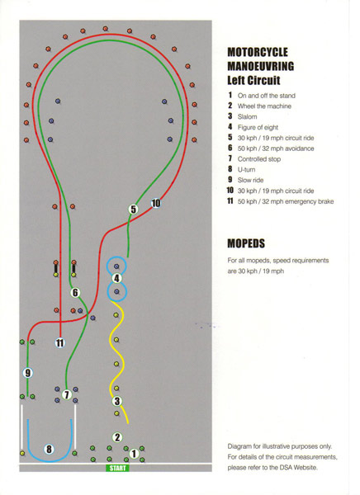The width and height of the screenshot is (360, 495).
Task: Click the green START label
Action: click(117, 468)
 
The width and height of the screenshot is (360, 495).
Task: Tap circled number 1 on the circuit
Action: click(134, 454)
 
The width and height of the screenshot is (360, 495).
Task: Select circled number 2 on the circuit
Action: click(117, 437)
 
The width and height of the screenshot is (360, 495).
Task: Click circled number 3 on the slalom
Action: click(117, 401)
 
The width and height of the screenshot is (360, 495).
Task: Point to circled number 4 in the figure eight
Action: click(116, 279)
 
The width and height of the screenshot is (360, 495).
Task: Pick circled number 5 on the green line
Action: click(134, 209)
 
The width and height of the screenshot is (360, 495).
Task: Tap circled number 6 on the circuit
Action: click(75, 293)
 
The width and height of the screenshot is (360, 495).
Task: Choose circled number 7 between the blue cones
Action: click(66, 394)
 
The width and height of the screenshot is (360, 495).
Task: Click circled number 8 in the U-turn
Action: click(49, 449)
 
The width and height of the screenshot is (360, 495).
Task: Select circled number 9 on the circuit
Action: click(28, 373)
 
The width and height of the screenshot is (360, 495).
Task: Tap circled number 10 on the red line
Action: click(156, 203)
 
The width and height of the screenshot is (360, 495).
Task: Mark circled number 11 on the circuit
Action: click(60, 342)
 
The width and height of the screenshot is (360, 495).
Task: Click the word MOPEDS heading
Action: click(246, 243)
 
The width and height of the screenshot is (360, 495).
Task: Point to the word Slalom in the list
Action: click(247, 117)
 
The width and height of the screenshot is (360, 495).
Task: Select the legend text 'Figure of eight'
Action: click(258, 127)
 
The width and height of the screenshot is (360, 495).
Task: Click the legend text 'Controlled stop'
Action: click(259, 159)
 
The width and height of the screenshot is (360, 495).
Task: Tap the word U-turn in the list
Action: click(247, 169)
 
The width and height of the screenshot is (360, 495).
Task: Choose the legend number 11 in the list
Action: click(230, 201)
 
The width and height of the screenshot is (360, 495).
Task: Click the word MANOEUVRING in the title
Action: click(261, 66)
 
